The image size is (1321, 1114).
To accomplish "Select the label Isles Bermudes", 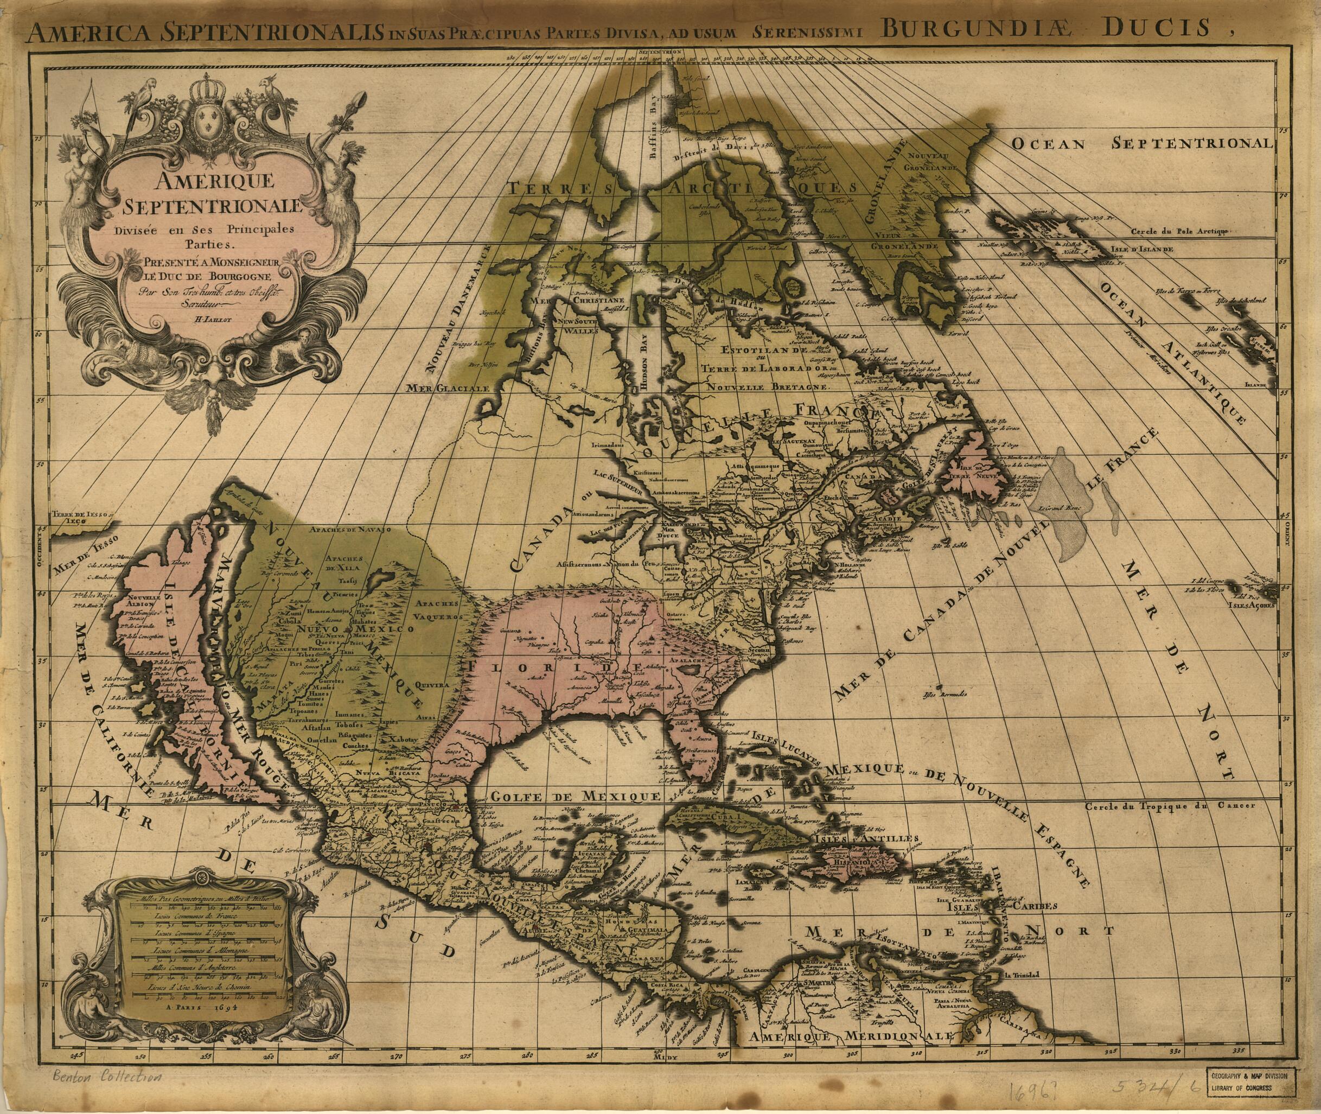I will pyautogui.click(x=944, y=695).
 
